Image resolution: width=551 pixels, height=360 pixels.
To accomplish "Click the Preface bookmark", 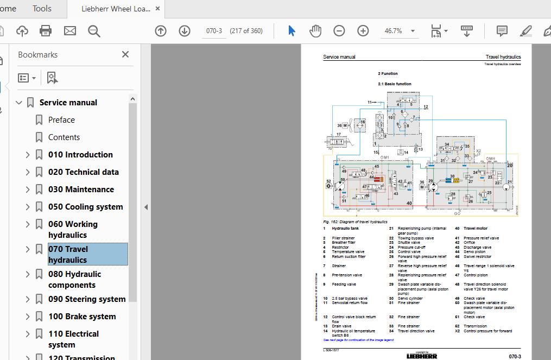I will click(61, 120).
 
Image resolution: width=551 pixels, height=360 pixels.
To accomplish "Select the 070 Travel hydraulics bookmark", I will click(68, 255).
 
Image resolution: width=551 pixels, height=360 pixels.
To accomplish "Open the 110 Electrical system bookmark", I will click(73, 339).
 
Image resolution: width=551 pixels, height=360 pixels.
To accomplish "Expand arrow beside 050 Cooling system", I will click(28, 207).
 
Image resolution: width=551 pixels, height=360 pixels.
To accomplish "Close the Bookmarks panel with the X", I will click(125, 54).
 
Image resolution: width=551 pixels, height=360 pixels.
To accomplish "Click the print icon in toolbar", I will click(46, 31).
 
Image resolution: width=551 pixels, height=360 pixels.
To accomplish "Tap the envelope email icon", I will click(70, 31).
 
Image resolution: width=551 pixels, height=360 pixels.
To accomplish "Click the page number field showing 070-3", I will click(214, 31).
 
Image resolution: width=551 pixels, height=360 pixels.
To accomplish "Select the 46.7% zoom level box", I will click(394, 31).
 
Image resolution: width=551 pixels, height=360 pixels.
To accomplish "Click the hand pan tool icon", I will click(315, 31).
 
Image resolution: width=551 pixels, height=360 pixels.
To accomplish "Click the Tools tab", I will click(42, 8).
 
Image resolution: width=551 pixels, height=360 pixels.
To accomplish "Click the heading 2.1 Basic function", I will click(395, 84).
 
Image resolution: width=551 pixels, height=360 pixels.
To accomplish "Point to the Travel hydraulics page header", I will click(503, 57).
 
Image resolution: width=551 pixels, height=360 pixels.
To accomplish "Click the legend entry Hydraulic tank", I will click(345, 229).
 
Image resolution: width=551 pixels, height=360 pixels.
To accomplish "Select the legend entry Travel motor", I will click(476, 229).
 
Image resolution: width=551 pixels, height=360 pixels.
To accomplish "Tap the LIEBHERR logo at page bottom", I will click(422, 356).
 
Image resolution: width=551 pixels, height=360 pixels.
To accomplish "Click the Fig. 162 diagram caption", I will click(355, 222).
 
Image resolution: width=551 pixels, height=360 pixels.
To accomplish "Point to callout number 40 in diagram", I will click(409, 203).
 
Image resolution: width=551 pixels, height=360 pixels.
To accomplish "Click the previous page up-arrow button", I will click(161, 31).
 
